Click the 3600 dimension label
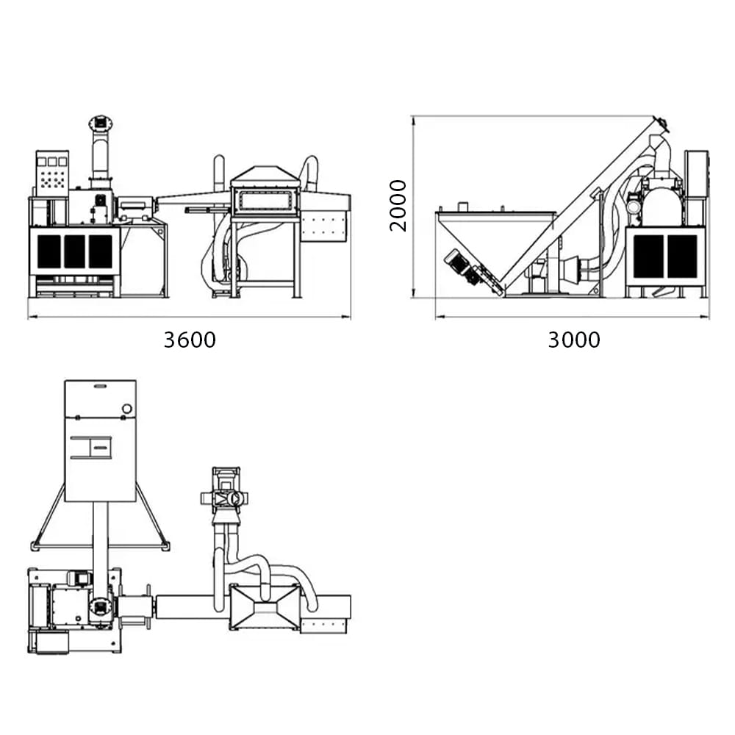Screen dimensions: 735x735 click(190, 340)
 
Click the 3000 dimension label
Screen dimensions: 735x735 click(573, 340)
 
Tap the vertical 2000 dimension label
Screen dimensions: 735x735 click(398, 205)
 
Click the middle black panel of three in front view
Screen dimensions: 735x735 click(74, 251)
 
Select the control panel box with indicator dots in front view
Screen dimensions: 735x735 click(52, 173)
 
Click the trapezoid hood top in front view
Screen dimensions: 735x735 click(266, 176)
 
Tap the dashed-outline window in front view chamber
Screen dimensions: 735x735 click(266, 201)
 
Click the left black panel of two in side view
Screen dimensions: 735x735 click(648, 256)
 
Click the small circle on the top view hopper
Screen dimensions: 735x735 click(126, 409)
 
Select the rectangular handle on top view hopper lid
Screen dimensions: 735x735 click(91, 447)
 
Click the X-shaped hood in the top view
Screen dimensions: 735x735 click(265, 607)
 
